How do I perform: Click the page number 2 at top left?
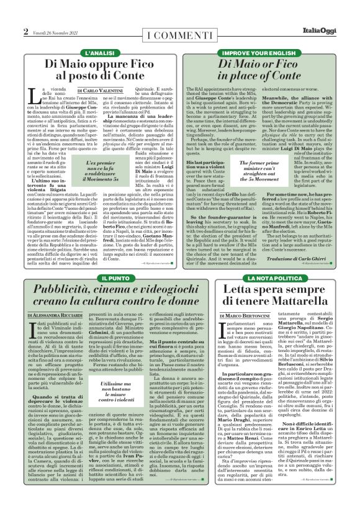point(25,32)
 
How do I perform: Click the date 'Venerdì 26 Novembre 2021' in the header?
point(55,33)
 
